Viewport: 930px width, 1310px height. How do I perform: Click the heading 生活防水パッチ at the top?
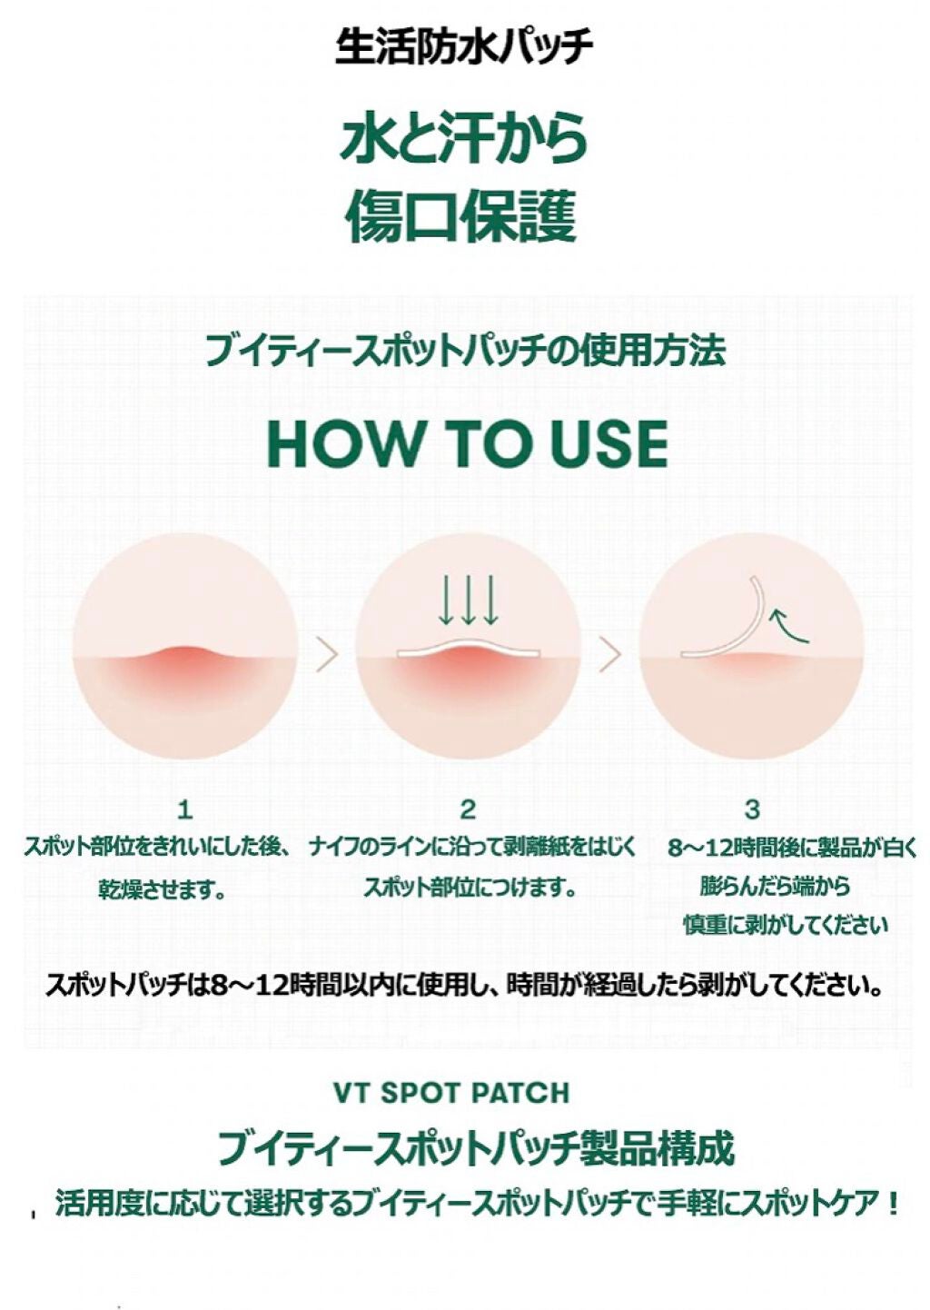click(464, 45)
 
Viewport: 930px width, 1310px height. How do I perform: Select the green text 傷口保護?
click(464, 217)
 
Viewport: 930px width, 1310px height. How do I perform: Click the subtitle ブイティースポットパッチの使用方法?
click(464, 351)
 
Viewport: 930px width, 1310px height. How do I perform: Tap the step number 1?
click(185, 809)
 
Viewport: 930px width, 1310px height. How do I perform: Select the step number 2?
click(468, 809)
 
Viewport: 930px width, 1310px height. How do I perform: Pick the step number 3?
click(751, 809)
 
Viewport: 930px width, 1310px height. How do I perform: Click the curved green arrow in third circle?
click(787, 625)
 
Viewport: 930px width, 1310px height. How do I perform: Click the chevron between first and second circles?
click(326, 655)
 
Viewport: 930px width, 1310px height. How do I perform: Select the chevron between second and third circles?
click(609, 655)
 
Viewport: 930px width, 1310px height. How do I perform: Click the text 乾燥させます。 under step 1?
click(163, 888)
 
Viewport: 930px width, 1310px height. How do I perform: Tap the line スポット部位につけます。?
click(470, 887)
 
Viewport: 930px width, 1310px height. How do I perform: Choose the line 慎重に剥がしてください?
click(785, 925)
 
